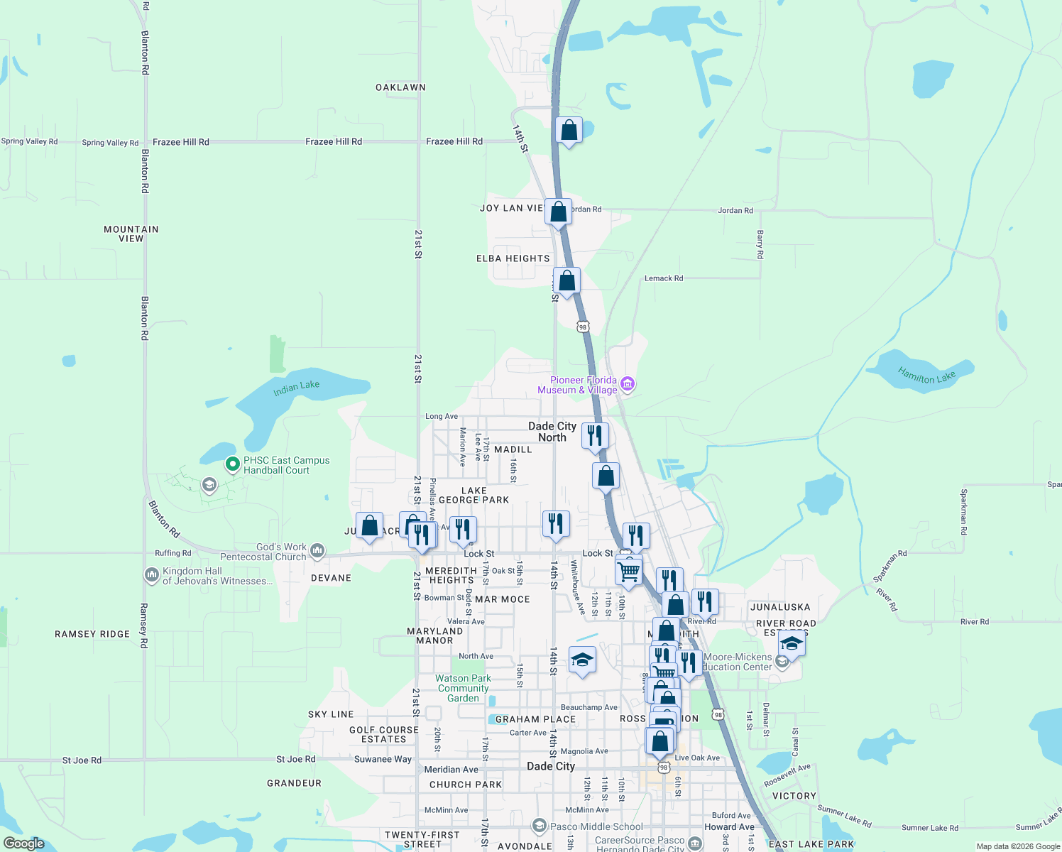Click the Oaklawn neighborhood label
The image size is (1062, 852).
(x=400, y=87)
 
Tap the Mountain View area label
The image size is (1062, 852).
(x=131, y=234)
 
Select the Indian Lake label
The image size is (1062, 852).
(x=297, y=388)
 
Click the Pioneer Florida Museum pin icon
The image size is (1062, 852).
(x=627, y=385)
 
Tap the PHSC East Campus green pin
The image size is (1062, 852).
(x=232, y=464)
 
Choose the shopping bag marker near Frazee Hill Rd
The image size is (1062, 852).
(x=569, y=131)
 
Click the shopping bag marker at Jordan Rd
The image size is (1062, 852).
(x=559, y=212)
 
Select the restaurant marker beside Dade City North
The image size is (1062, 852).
(x=595, y=435)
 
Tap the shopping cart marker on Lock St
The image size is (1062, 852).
(x=628, y=571)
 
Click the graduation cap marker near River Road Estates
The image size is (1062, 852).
(x=791, y=644)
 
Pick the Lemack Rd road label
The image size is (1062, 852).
(x=664, y=278)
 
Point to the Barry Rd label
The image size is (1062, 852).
(x=760, y=244)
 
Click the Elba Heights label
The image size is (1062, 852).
(x=513, y=258)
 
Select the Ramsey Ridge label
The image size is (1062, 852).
(x=92, y=634)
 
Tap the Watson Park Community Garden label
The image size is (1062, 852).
(x=464, y=688)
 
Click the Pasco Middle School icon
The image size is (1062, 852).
(x=539, y=826)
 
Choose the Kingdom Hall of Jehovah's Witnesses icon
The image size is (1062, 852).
(x=151, y=575)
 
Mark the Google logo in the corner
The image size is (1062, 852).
(x=23, y=843)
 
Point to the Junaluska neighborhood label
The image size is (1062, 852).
(x=780, y=607)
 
